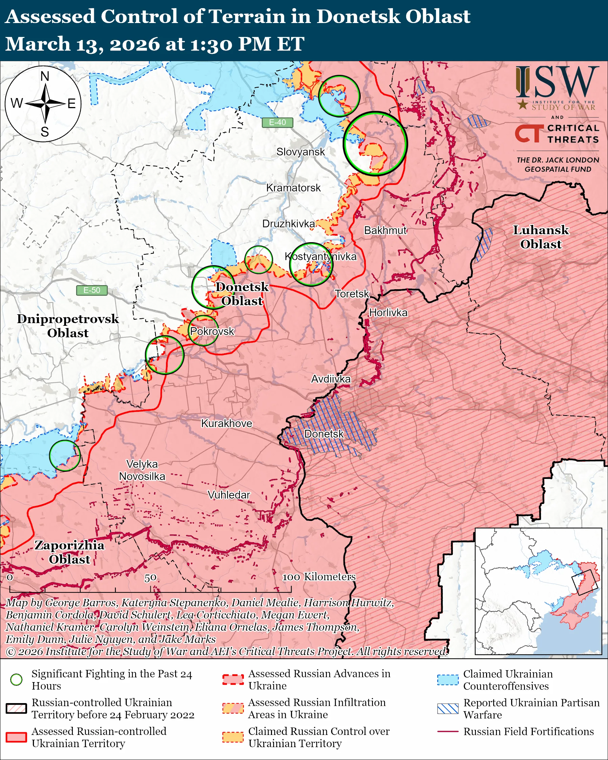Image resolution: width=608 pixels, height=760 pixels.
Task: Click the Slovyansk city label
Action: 300,152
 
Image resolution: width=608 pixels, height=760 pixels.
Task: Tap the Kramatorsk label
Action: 293,188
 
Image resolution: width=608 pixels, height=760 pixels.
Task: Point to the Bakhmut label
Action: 385,231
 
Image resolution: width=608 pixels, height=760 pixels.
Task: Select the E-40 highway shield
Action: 277,122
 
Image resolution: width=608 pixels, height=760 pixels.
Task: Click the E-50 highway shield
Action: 92,290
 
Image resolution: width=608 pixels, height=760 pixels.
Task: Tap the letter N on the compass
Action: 45,76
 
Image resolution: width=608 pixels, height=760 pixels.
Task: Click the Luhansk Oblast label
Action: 541,237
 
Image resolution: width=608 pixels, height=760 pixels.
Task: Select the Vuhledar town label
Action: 229,495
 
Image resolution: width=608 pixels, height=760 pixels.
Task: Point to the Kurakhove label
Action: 227,423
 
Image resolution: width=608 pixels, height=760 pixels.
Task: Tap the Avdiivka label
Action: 331,379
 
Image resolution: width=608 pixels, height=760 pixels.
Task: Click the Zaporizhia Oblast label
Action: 69,552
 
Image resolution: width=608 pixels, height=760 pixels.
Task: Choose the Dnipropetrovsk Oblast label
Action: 68,326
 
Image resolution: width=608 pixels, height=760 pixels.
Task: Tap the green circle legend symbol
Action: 17,680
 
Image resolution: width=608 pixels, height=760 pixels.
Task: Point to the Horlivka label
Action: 388,313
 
